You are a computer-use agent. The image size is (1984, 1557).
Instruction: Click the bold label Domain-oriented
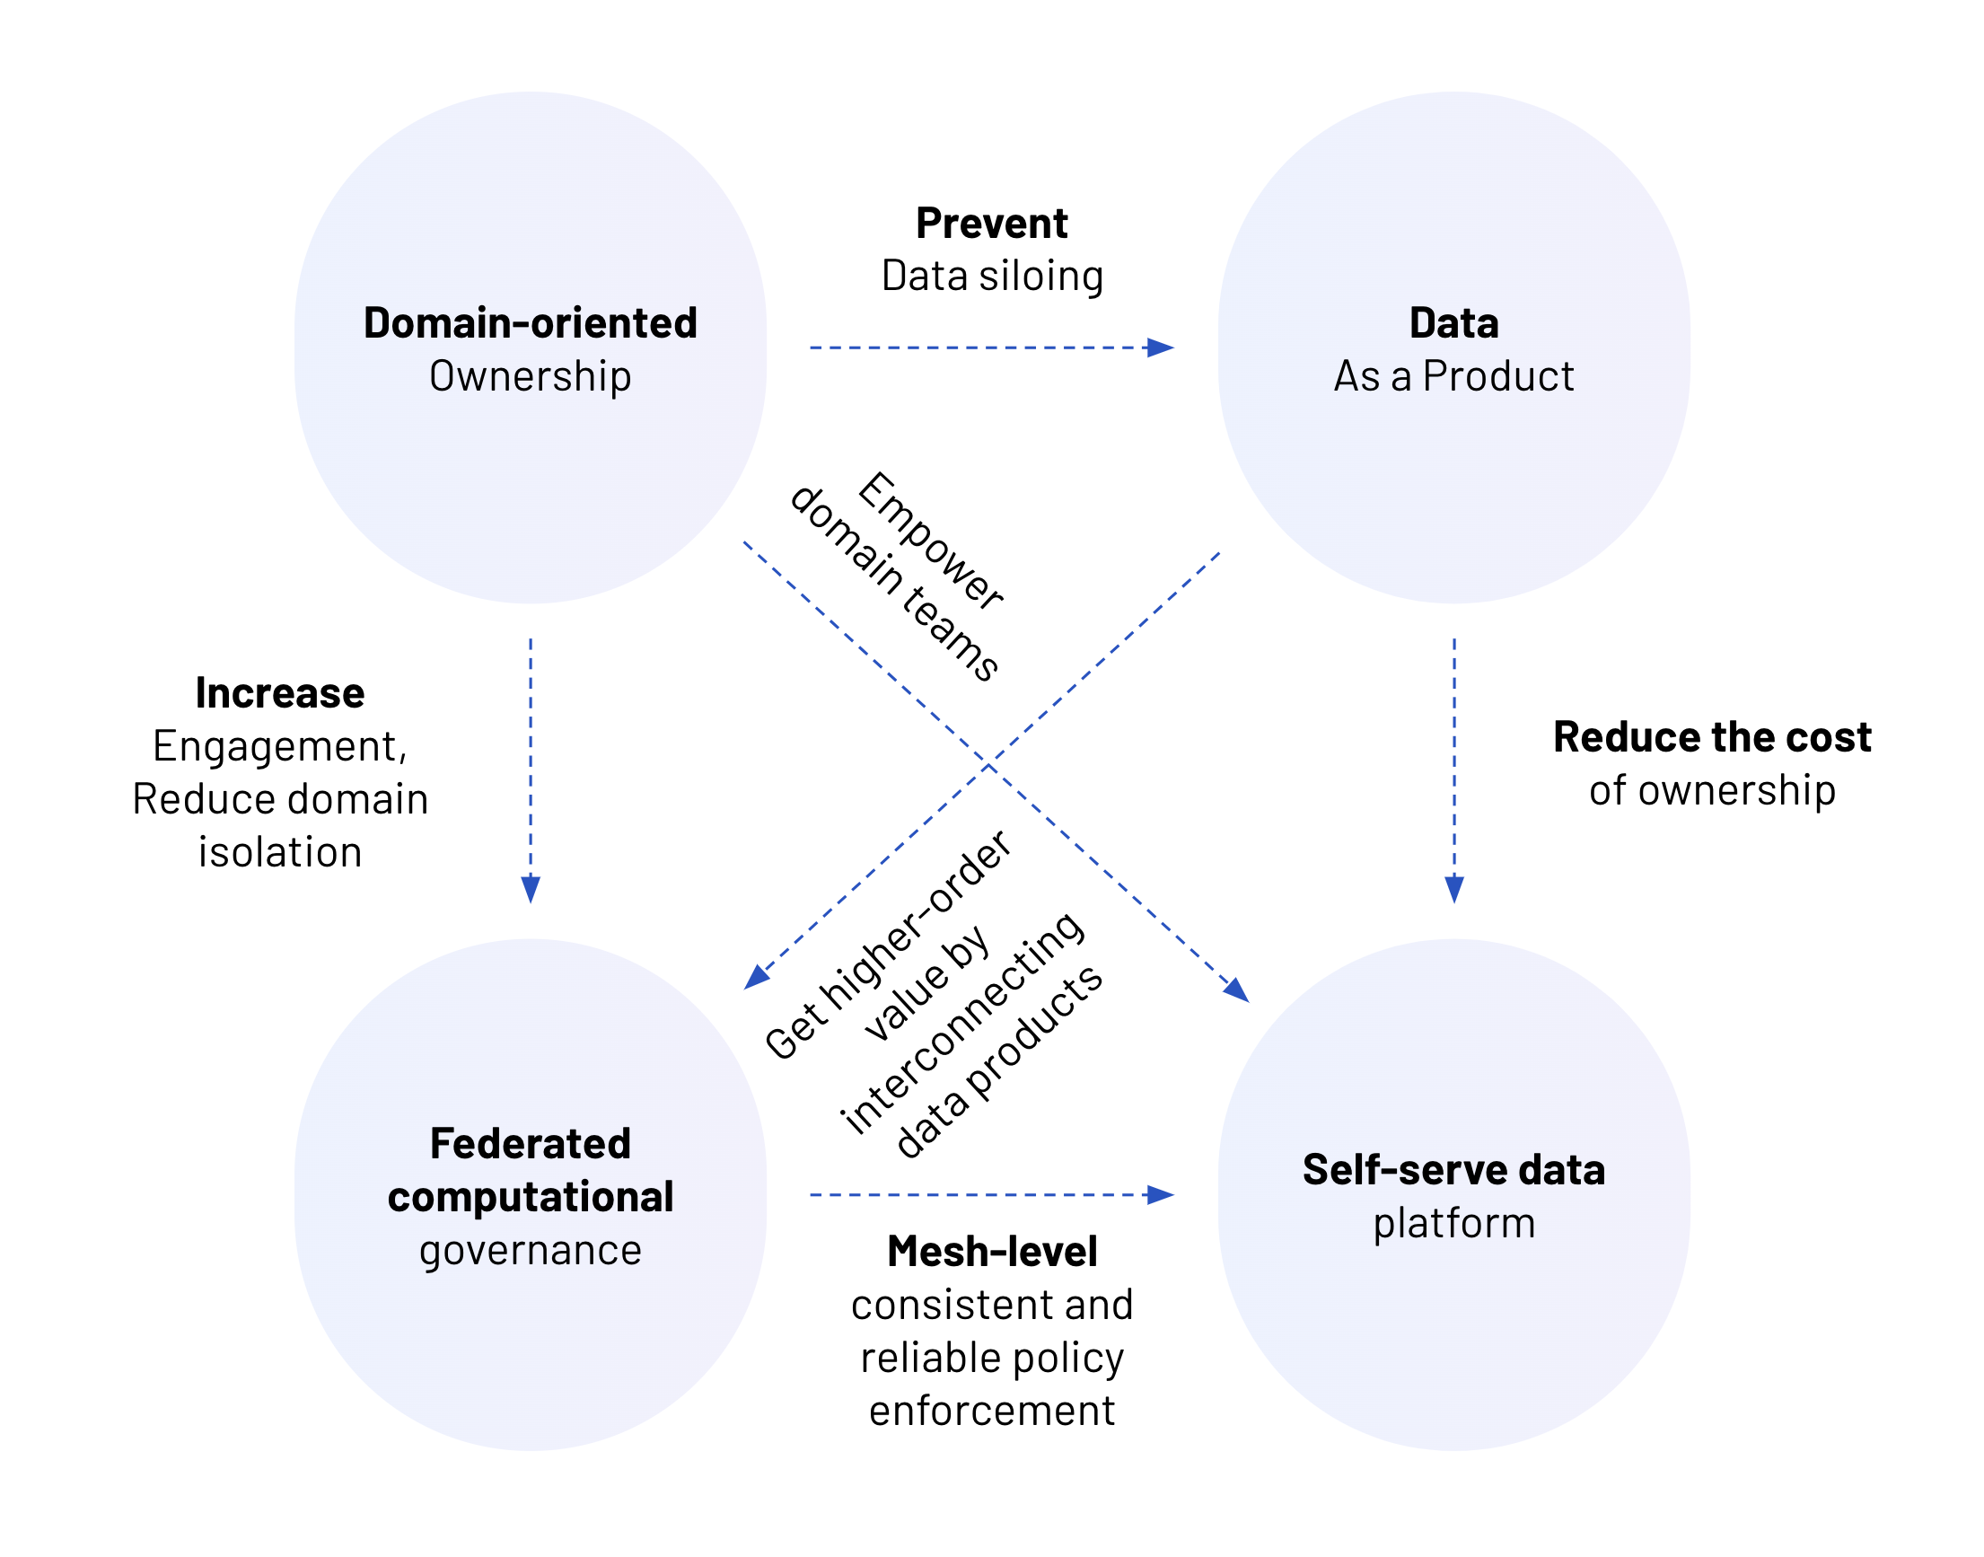[530, 323]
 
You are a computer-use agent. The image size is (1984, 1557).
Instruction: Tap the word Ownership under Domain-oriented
[530, 376]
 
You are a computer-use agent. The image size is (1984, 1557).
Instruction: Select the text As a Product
[1453, 376]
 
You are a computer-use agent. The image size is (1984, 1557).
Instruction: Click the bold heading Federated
[530, 1143]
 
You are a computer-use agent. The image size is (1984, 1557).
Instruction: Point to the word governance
[530, 1250]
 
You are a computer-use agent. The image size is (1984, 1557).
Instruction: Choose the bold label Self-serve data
[1453, 1170]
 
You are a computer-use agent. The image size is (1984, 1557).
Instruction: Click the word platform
[1453, 1223]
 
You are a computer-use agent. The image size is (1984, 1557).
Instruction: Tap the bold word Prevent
[990, 224]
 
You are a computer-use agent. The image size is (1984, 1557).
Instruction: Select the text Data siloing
[991, 277]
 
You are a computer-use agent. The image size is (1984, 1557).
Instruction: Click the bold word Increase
[280, 693]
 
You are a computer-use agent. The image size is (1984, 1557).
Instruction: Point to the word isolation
[280, 852]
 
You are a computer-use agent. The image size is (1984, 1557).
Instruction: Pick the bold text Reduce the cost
[1710, 736]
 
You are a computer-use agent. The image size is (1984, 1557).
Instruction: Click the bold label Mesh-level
[991, 1252]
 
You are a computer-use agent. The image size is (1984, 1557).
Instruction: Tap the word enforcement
[991, 1412]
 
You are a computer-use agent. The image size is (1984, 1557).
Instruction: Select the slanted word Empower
[929, 541]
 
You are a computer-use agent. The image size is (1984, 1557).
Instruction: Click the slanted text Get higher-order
[887, 946]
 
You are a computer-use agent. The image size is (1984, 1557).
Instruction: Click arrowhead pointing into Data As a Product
[1160, 347]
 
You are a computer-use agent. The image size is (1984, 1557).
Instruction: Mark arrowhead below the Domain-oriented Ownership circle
[531, 889]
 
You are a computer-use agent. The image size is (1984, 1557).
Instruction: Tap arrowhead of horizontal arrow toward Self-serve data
[1160, 1194]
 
